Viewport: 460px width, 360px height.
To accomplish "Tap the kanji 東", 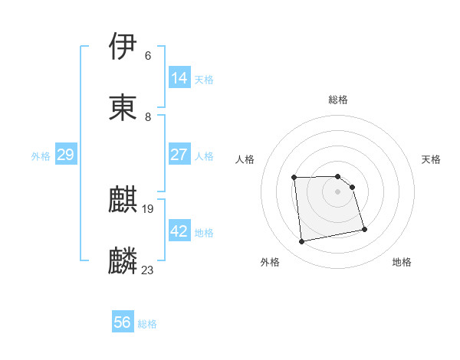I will click(123, 107).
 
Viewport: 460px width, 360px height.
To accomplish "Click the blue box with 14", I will click(179, 78).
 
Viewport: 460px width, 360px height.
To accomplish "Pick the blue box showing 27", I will click(179, 155).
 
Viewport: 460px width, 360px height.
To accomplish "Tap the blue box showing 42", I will click(179, 231).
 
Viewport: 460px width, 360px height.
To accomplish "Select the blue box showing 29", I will click(65, 155).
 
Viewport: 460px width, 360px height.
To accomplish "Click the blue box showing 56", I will click(123, 323).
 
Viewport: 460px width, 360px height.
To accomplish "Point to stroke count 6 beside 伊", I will click(148, 56).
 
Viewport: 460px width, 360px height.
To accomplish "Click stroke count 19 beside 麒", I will click(148, 208).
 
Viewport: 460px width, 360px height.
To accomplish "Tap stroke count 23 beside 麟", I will click(148, 270).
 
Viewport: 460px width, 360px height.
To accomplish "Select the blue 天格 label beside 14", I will click(204, 80).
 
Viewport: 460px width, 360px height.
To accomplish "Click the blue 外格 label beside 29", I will click(41, 156).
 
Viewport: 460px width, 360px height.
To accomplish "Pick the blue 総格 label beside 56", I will click(147, 325).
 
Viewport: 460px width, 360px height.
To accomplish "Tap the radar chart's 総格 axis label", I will click(338, 100).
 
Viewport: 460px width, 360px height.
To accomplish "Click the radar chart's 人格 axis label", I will click(245, 159).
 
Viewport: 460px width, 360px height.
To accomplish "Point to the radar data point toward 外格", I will click(302, 242).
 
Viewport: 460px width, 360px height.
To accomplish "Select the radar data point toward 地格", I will click(364, 229).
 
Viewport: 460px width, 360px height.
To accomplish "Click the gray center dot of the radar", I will click(338, 191).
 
